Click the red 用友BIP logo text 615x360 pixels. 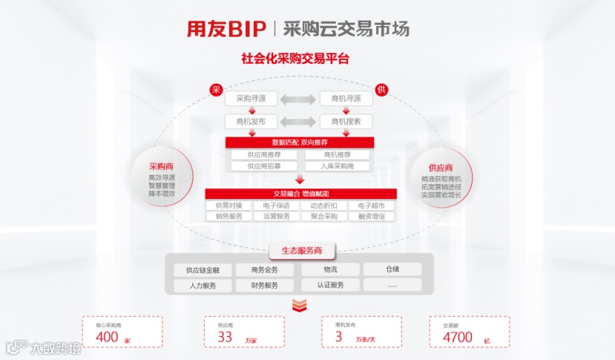226,28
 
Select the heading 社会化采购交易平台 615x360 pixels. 295,58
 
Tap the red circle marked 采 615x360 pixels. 217,89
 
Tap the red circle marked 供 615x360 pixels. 381,89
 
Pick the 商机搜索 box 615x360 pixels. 346,121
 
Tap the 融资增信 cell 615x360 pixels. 371,217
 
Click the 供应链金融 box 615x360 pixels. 203,270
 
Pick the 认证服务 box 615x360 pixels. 330,285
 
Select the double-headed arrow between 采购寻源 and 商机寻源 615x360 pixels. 297,99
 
